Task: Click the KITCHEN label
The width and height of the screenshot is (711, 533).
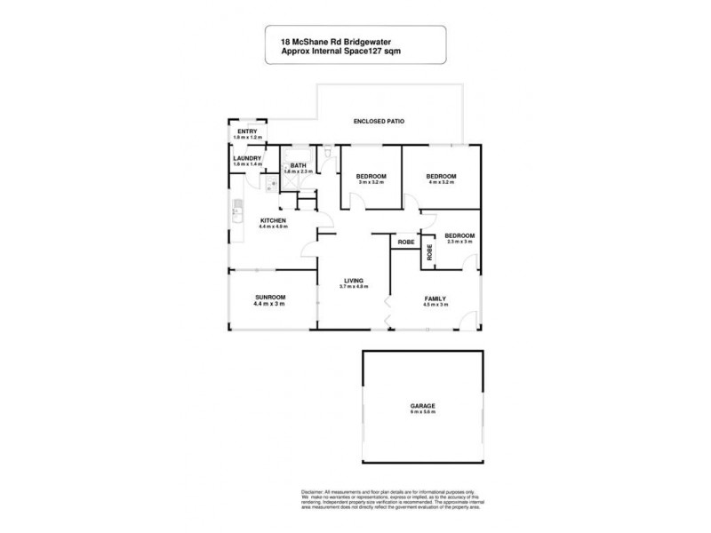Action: click(271, 220)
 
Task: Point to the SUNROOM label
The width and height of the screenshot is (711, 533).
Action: click(269, 298)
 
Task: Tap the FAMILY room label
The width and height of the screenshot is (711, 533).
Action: click(435, 298)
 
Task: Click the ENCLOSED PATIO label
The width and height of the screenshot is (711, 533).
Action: click(372, 120)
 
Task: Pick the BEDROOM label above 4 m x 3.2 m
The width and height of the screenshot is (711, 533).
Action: click(442, 177)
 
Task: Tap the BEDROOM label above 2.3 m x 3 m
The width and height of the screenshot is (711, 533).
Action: click(460, 235)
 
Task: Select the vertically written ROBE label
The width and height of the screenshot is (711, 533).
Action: click(430, 252)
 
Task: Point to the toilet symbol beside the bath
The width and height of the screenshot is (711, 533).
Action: click(329, 156)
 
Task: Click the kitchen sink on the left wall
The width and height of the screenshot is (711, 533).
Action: click(236, 213)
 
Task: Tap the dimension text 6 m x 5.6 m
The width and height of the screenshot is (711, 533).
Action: click(423, 413)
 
